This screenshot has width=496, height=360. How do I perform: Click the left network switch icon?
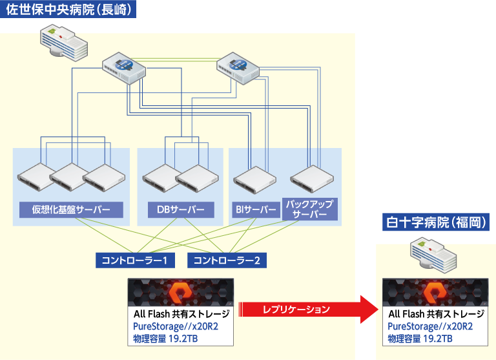click(125, 67)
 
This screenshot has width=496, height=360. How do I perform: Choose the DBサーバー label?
click(180, 209)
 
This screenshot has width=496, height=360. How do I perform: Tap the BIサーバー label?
click(254, 209)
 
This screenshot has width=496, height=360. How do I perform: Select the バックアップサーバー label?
click(309, 209)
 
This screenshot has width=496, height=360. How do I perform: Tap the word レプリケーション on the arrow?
click(296, 310)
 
